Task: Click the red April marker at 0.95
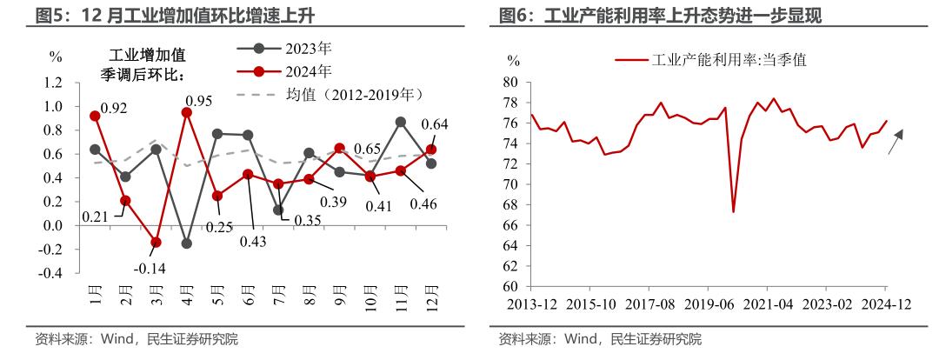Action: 187,112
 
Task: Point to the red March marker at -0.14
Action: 156,243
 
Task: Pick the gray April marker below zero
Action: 187,243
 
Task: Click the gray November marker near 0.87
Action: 401,122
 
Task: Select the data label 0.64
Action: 434,124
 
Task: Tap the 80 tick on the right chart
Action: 510,83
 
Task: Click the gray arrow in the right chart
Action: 896,142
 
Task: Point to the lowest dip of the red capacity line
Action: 733,211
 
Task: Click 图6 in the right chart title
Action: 514,15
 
